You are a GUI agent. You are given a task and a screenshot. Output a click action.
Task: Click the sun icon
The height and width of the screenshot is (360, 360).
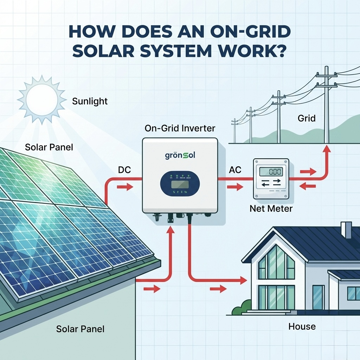tap(41, 99)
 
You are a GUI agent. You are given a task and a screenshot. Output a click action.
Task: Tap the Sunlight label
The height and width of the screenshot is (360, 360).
tap(90, 102)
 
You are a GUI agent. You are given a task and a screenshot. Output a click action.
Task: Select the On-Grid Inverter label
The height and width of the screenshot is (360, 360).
tap(180, 128)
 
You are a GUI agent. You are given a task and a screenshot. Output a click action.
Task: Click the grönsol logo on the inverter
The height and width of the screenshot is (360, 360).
tap(180, 155)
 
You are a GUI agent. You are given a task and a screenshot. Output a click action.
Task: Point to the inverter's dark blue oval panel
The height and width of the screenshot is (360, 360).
tap(180, 184)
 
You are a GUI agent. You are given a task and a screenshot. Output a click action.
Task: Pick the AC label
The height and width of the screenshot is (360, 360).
tap(235, 170)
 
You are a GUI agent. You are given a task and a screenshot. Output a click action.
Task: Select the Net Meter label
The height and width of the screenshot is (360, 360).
tap(271, 208)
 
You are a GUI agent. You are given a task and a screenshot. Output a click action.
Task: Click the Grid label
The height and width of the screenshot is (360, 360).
tap(307, 118)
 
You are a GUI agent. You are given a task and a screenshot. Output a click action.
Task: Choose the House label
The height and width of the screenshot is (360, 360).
tap(302, 326)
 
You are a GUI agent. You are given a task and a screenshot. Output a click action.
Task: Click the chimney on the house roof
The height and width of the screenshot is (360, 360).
tap(346, 230)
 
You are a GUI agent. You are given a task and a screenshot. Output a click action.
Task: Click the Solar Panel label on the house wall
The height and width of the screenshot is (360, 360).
tap(80, 329)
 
